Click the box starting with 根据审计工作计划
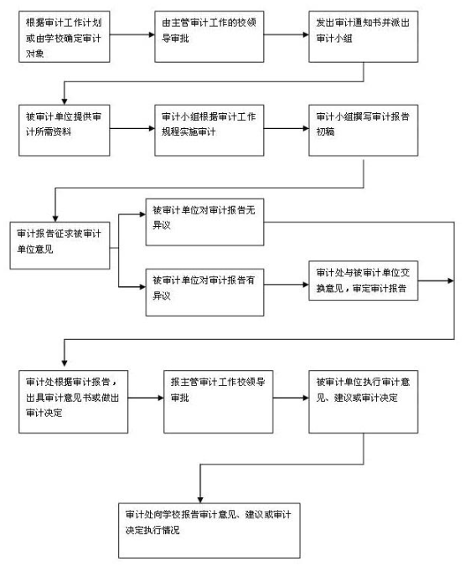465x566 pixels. click(x=65, y=37)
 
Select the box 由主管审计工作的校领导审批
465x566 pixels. click(x=209, y=37)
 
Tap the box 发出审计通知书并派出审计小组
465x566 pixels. click(x=364, y=37)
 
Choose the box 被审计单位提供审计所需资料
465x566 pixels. click(x=65, y=131)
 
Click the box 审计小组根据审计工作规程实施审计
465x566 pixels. click(x=209, y=131)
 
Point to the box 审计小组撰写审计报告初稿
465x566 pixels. click(x=364, y=131)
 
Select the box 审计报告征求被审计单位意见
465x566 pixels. click(x=59, y=245)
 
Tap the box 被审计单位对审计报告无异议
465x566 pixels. click(x=205, y=222)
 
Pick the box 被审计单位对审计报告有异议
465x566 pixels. click(x=205, y=292)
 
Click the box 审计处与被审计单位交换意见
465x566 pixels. click(x=364, y=280)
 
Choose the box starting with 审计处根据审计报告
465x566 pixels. click(x=74, y=402)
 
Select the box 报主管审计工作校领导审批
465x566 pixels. click(x=218, y=402)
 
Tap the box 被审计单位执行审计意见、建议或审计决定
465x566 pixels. click(x=364, y=402)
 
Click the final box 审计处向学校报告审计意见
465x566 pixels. click(x=209, y=531)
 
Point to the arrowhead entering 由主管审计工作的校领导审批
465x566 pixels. click(x=152, y=34)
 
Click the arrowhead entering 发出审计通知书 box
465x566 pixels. click(x=306, y=34)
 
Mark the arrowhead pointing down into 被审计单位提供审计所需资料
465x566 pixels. click(x=65, y=101)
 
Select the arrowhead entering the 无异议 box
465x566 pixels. click(x=142, y=214)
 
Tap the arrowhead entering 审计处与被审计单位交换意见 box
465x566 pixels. click(x=306, y=285)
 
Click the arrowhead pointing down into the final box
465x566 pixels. click(x=200, y=500)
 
